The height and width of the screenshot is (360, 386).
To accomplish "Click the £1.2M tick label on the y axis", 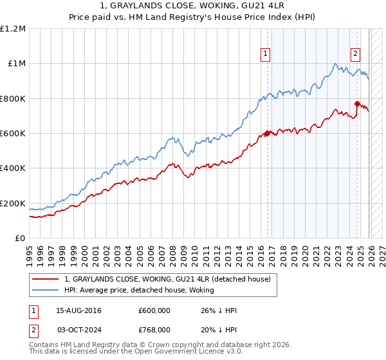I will [13, 28].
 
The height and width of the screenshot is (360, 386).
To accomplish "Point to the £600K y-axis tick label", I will [13, 133].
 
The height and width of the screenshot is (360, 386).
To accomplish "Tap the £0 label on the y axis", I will [21, 238].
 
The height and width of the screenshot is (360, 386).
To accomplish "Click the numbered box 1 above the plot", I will [266, 55].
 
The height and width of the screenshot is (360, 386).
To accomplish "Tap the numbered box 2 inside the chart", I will [355, 55].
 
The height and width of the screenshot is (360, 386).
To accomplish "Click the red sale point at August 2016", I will [266, 134].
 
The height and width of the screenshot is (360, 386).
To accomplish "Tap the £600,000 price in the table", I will [154, 310].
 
